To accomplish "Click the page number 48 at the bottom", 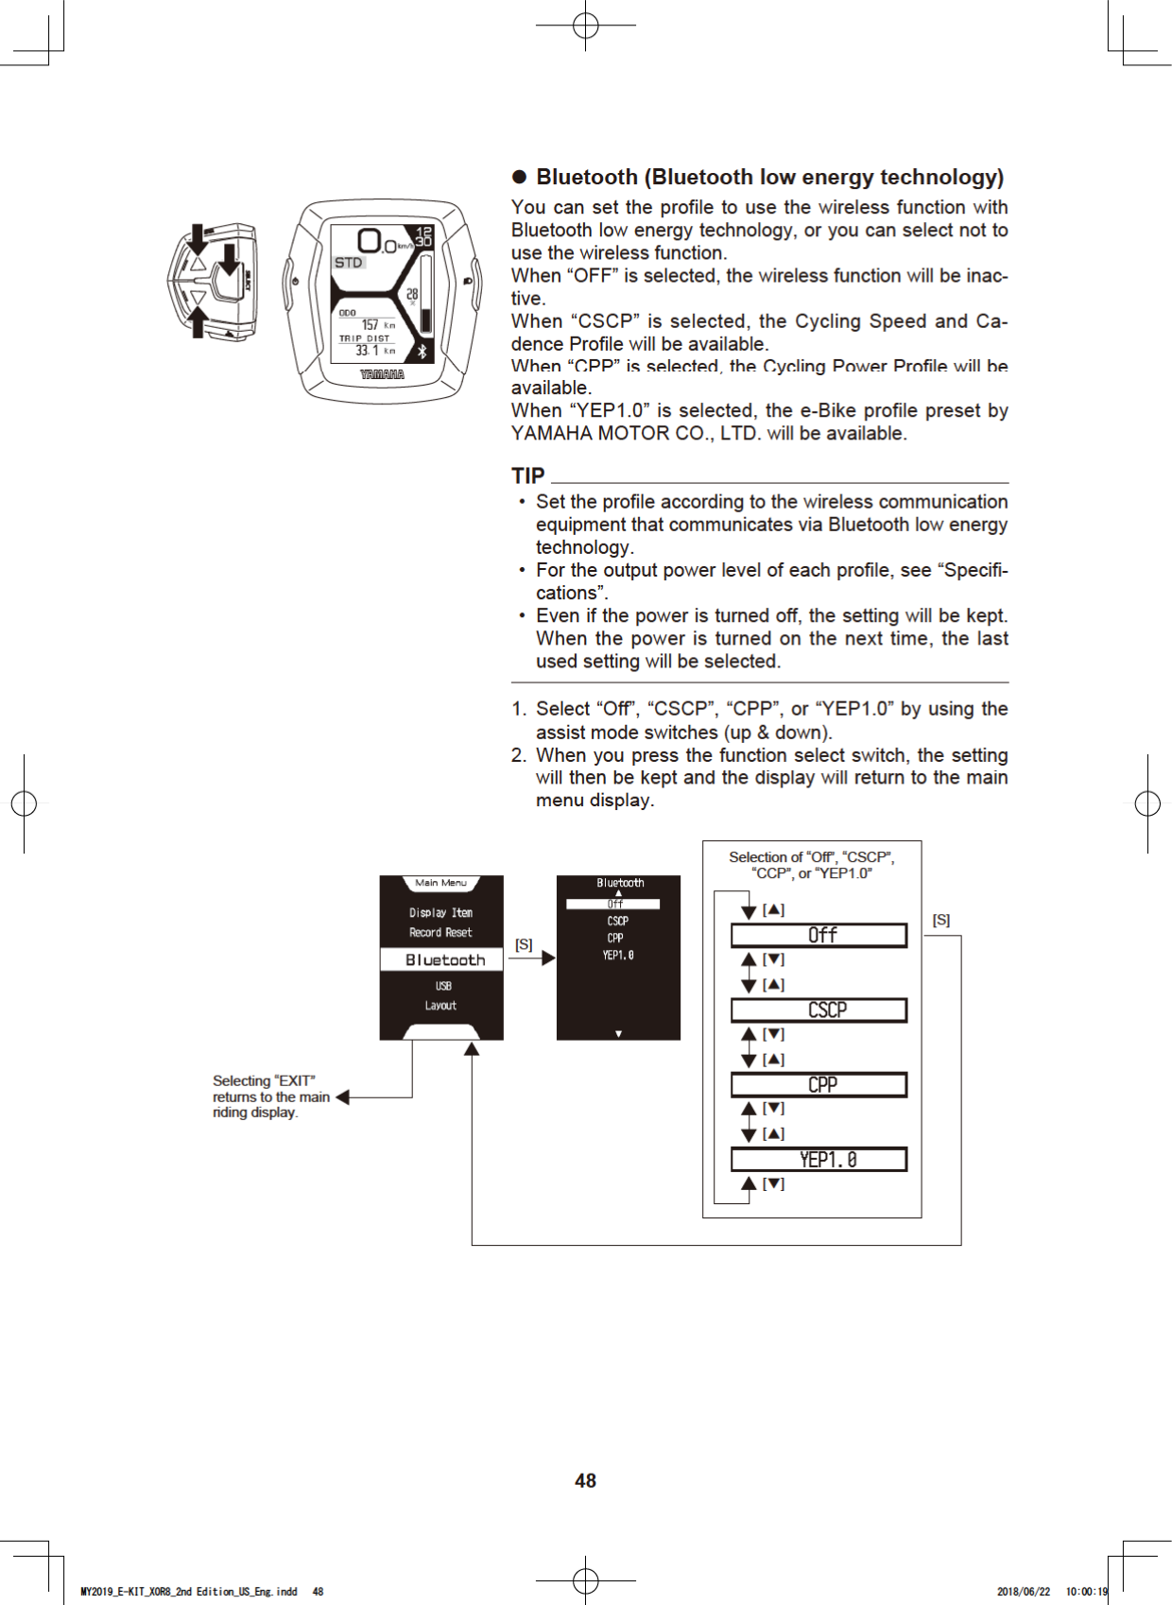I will [x=585, y=1481].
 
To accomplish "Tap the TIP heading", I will [x=528, y=475].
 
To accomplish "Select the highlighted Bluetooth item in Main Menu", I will [x=442, y=959].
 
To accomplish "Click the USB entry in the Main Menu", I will [x=442, y=986].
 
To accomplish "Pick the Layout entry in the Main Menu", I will [x=440, y=1006].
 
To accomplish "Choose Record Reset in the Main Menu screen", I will [x=440, y=932].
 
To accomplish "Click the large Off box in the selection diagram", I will [x=819, y=935].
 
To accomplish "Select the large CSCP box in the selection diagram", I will [x=819, y=1010].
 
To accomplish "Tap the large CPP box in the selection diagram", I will [x=819, y=1084].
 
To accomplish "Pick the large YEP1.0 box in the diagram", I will [x=819, y=1159].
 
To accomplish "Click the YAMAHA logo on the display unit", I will [x=382, y=374].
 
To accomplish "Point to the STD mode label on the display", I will [x=348, y=263].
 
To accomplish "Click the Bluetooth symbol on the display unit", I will [x=422, y=351].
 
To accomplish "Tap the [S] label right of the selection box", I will [x=941, y=920].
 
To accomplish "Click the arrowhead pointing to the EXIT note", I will [x=343, y=1097].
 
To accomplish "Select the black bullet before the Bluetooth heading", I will [x=519, y=178].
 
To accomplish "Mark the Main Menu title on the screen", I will [x=440, y=883].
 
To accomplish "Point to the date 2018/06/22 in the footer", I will [x=1023, y=1592].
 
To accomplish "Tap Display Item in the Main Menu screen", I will [x=440, y=912].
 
